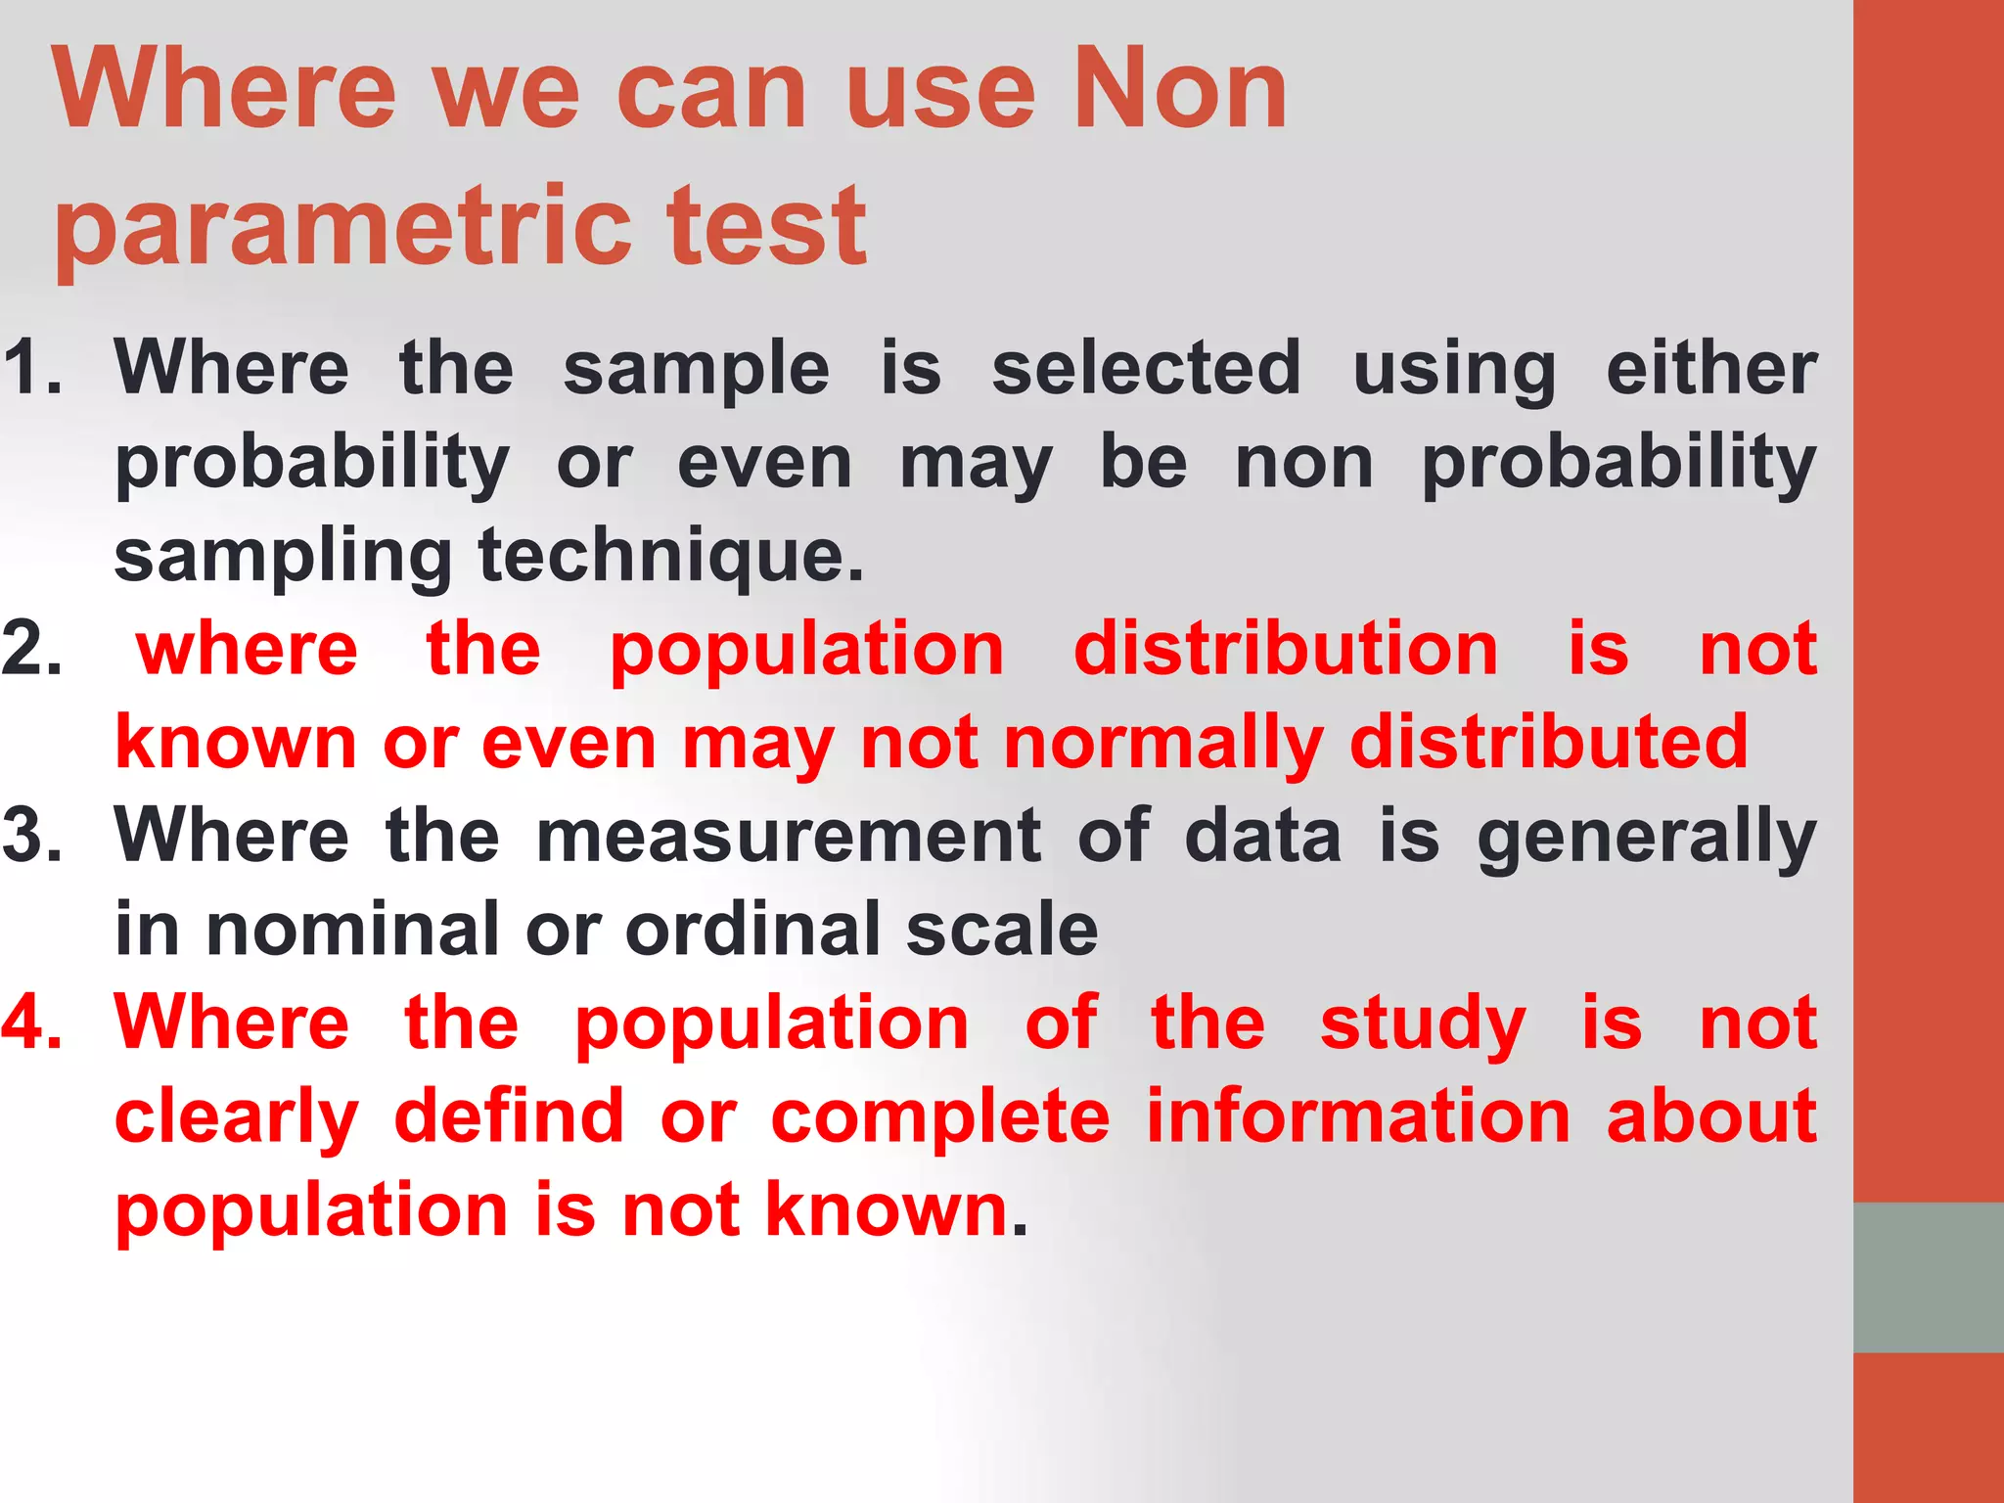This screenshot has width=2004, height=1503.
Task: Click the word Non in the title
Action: (1180, 90)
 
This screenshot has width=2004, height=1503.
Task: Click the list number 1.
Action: (31, 368)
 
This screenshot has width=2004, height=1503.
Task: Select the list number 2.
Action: (31, 650)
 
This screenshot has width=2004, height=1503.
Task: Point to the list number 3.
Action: (31, 836)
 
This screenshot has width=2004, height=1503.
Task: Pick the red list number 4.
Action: (31, 1024)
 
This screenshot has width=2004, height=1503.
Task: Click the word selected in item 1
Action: (1146, 368)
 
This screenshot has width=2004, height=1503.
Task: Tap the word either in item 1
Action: (1711, 368)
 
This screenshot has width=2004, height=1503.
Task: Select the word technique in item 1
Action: (671, 556)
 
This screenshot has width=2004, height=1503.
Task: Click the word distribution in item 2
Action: (1286, 650)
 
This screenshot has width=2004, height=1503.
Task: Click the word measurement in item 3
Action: (789, 836)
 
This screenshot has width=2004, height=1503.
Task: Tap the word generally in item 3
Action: (1647, 838)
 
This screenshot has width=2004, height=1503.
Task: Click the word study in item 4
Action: (1422, 1024)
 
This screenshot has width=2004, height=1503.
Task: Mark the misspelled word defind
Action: (509, 1116)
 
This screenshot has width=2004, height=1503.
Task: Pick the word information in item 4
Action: (1358, 1116)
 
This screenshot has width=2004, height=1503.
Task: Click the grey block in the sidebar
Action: (1928, 1277)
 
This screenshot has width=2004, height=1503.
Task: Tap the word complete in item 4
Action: (940, 1117)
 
